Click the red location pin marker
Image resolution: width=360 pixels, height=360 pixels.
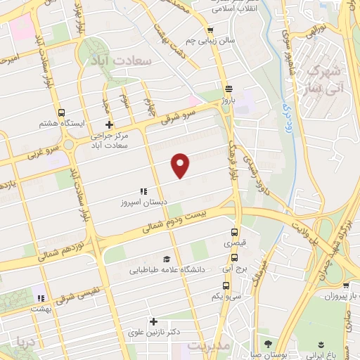click(x=181, y=165)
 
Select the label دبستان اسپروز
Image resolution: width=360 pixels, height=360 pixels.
click(x=143, y=202)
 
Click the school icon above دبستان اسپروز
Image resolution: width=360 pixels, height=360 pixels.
click(x=143, y=191)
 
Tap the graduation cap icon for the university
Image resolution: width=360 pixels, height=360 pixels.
click(x=166, y=259)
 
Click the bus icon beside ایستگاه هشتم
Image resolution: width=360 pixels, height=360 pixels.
click(x=62, y=112)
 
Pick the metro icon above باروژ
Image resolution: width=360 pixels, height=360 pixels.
click(x=227, y=89)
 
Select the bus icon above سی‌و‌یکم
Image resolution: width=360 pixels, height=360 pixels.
click(x=226, y=285)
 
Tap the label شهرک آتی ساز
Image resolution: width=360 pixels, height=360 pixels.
click(x=328, y=79)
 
